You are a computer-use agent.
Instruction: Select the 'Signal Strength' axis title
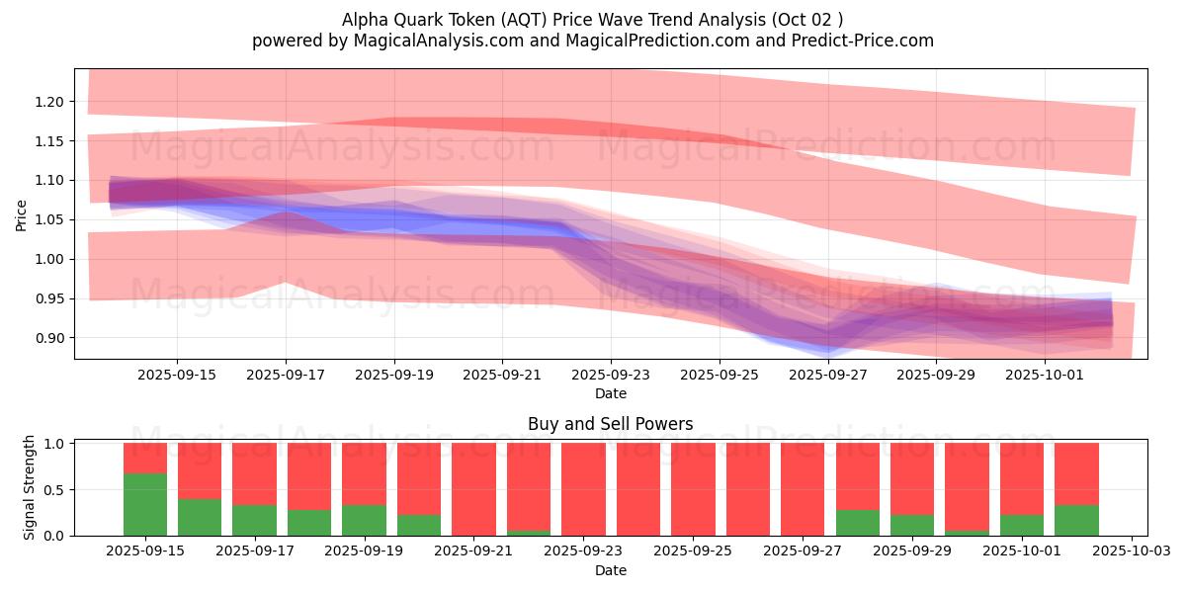click(x=30, y=487)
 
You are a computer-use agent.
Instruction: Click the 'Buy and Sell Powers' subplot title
click(x=610, y=424)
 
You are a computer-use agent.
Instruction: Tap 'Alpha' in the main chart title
click(x=364, y=19)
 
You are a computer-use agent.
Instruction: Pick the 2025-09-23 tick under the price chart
click(x=610, y=376)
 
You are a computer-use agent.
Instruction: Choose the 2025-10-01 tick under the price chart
click(x=1044, y=376)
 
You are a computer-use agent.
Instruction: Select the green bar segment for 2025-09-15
click(x=145, y=504)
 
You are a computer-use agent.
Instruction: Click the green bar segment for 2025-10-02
click(x=1076, y=520)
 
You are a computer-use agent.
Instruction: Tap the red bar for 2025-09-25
click(x=693, y=489)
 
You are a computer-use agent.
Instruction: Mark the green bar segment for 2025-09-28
click(x=857, y=523)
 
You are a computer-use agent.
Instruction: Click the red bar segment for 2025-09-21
click(x=473, y=489)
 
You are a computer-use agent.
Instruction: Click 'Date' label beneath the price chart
click(x=610, y=393)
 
